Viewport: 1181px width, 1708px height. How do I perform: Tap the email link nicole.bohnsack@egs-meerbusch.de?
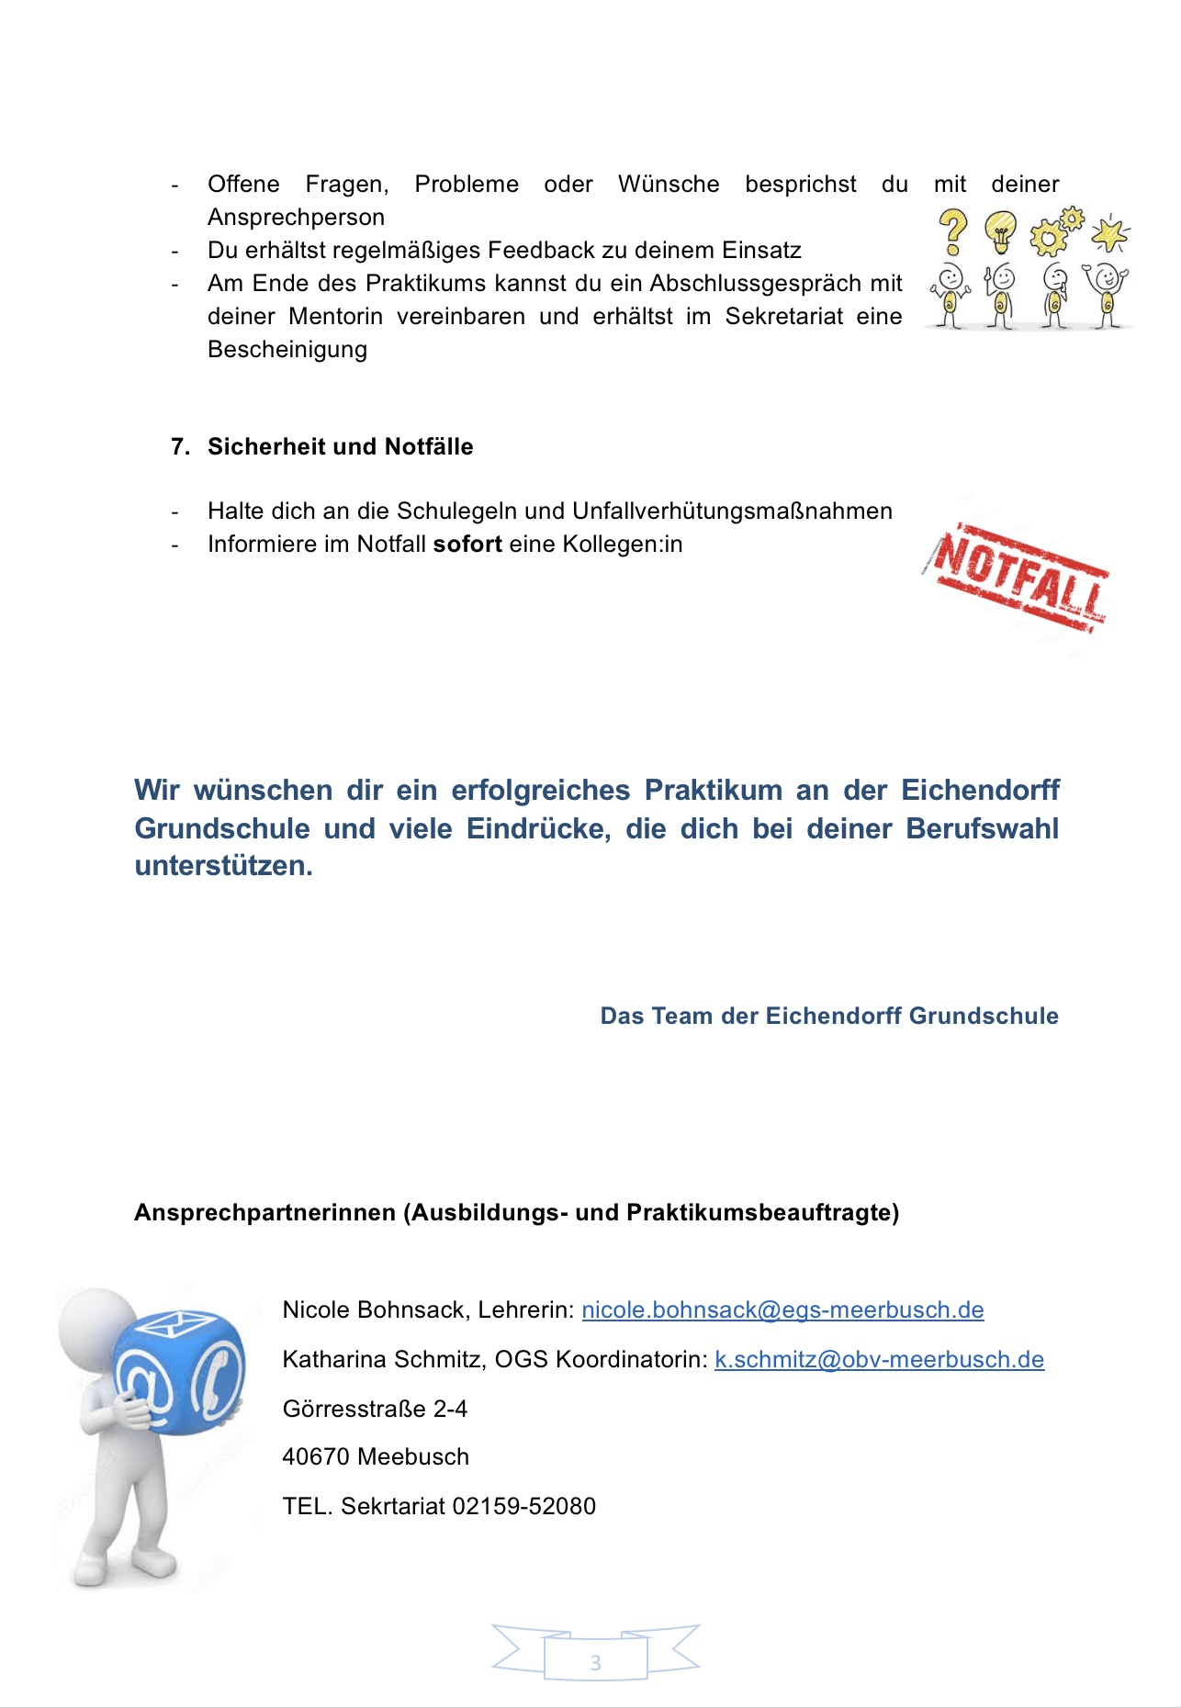coord(782,1310)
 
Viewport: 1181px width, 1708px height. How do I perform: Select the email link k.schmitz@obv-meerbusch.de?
coord(879,1360)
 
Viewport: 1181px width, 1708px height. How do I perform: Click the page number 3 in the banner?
coord(595,1662)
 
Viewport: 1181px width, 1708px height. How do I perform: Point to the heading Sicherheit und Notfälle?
coord(340,447)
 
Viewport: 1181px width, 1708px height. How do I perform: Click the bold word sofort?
coord(467,545)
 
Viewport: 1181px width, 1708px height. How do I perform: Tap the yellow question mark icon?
coord(953,231)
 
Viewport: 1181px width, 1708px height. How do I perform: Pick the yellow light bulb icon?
coord(1001,231)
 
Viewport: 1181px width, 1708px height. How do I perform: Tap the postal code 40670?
coord(316,1457)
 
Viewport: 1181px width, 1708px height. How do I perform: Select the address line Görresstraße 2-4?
coord(375,1410)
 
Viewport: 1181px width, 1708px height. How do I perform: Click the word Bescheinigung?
coord(287,350)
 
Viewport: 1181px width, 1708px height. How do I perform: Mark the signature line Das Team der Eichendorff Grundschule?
coord(828,1017)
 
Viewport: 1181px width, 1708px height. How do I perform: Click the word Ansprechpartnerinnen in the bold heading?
coord(264,1213)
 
